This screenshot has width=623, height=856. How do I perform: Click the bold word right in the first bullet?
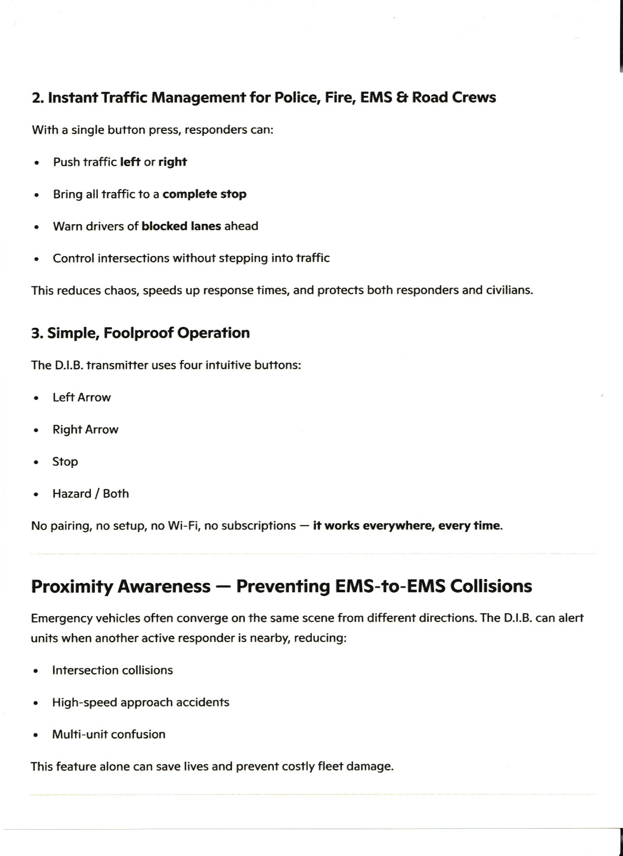(x=172, y=162)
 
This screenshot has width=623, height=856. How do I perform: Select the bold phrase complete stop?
(x=204, y=194)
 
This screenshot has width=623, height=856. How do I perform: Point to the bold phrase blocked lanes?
(x=181, y=226)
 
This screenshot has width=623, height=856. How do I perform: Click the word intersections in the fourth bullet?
(x=131, y=258)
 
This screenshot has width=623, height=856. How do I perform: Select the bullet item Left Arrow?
(x=82, y=397)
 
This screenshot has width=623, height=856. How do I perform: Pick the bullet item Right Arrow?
(x=86, y=429)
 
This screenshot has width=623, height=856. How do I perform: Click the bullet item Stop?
(x=65, y=462)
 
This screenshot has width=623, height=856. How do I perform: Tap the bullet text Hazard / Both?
(x=90, y=493)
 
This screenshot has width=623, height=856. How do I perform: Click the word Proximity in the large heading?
(x=72, y=586)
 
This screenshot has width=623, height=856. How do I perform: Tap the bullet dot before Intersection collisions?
(x=36, y=671)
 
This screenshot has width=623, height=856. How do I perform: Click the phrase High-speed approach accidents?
(x=141, y=702)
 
